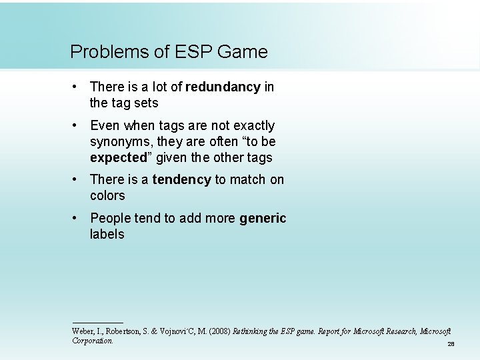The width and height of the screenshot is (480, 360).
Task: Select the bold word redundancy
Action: (x=223, y=87)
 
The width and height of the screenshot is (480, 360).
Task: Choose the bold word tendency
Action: (x=181, y=179)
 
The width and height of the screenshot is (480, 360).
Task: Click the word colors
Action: (x=107, y=195)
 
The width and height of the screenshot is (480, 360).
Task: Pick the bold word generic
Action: (x=263, y=218)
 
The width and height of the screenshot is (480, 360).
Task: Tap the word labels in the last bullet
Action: (x=107, y=234)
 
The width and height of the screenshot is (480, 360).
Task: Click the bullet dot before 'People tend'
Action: (x=77, y=218)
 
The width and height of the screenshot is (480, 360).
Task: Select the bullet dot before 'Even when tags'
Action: (x=77, y=125)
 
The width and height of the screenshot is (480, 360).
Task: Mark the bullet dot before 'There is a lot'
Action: (x=77, y=87)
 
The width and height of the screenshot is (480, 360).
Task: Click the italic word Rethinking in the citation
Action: (x=252, y=331)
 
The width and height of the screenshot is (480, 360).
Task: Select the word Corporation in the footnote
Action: (x=93, y=341)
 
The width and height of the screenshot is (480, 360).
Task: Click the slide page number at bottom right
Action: (x=451, y=344)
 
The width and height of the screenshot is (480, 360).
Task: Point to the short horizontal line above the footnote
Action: (x=97, y=323)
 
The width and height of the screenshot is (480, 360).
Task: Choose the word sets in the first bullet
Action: (x=146, y=103)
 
